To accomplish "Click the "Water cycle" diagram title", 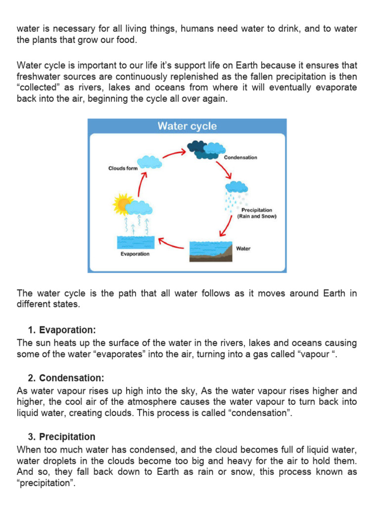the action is (x=187, y=126).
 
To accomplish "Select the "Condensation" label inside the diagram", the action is (x=240, y=158).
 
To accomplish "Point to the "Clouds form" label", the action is (x=123, y=169).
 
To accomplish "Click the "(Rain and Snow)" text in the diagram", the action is (x=257, y=216).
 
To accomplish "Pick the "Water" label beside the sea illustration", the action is (x=243, y=249).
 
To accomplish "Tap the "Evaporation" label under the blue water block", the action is (x=135, y=254).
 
